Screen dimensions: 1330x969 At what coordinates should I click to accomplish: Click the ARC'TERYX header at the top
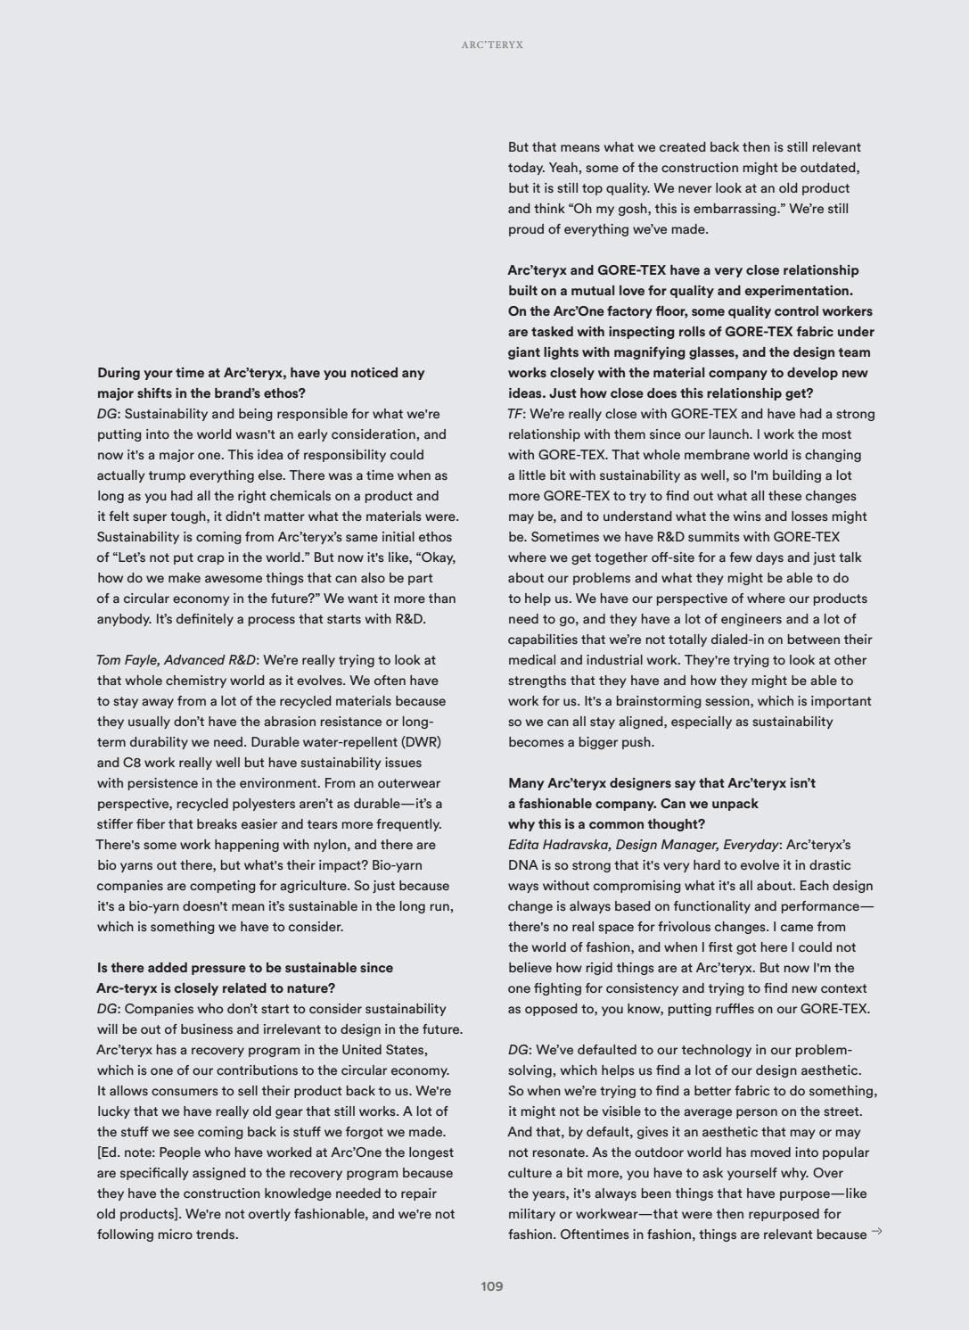click(x=492, y=45)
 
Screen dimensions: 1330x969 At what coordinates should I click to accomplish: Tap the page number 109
click(x=491, y=1285)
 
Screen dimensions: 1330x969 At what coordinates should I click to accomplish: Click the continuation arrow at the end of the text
click(x=876, y=1232)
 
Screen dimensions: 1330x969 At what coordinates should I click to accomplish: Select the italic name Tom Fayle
click(x=127, y=660)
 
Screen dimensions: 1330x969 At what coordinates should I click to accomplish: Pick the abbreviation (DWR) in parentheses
click(x=421, y=742)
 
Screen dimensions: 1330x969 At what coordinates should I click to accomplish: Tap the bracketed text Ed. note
click(x=133, y=1152)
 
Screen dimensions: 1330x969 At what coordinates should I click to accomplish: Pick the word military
click(x=534, y=1214)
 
